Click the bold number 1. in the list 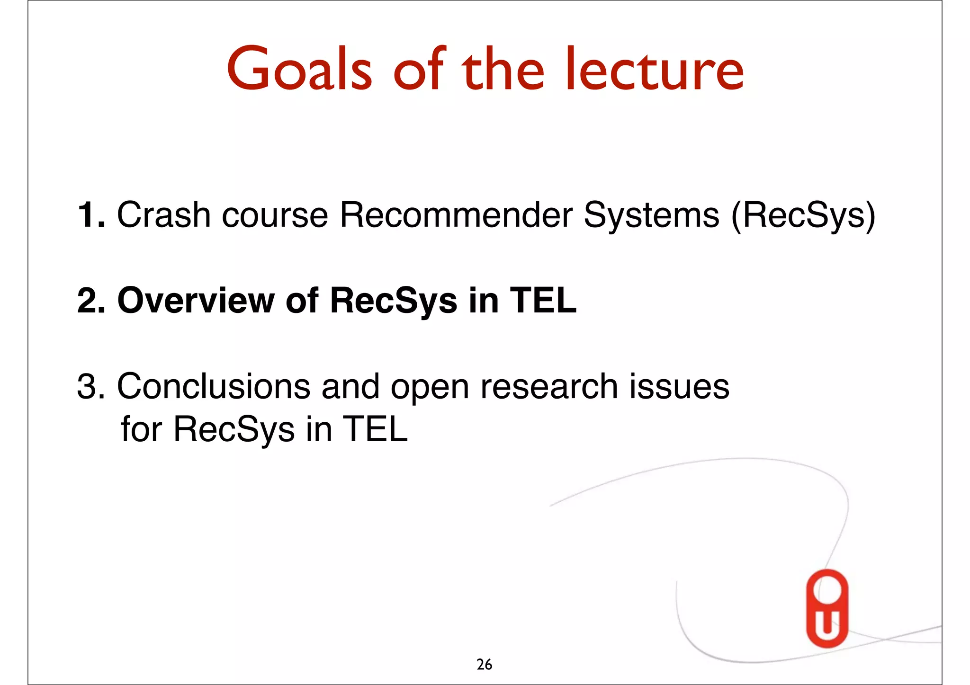(91, 215)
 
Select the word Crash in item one (163, 215)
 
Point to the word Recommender (455, 215)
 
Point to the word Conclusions (213, 387)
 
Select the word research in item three (549, 387)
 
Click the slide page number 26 (484, 665)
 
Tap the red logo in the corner (827, 608)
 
